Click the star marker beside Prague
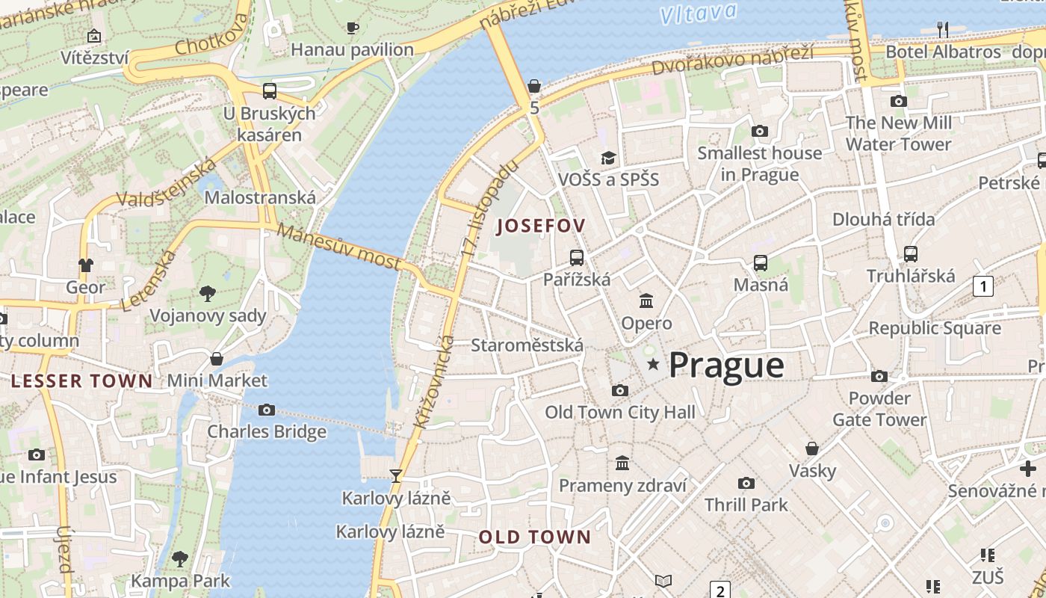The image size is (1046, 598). pos(654,364)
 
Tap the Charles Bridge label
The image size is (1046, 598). pos(267,431)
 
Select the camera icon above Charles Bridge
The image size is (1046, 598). pos(267,410)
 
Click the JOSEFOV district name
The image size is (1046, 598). pos(540,225)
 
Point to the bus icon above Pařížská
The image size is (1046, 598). pos(577,258)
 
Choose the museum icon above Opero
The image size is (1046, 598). pos(646,301)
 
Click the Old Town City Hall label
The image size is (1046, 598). pos(619,412)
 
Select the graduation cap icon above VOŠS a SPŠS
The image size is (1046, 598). pos(609,158)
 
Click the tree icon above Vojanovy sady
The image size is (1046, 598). pos(208,294)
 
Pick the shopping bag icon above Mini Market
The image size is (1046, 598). pos(217,359)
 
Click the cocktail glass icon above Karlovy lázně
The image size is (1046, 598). pos(396,476)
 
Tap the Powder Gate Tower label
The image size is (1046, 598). pos(879,409)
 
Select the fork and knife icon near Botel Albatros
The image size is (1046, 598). pos(943,30)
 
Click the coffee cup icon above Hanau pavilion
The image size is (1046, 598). pos(353,28)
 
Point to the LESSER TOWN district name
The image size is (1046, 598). pos(81,380)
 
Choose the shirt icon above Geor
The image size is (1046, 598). pos(86,265)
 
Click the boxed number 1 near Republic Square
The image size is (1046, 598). pos(983,286)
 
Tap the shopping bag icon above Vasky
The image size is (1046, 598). pos(812,449)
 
